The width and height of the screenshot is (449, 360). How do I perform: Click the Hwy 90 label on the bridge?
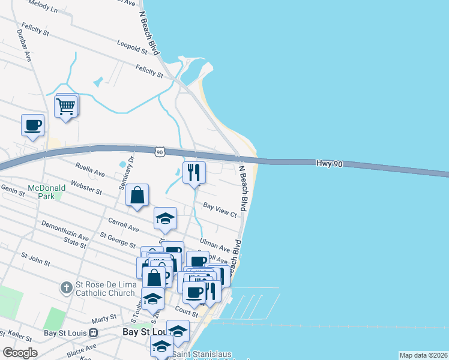coord(328,163)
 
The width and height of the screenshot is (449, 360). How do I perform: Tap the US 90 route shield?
coord(159,152)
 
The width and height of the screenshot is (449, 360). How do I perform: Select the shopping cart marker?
coord(66,106)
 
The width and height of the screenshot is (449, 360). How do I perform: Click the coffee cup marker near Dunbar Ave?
coord(33,125)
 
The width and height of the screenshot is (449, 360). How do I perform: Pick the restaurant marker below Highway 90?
coord(194,172)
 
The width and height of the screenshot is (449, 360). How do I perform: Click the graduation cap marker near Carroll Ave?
coord(165,218)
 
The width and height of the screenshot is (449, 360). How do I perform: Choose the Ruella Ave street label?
coord(90,170)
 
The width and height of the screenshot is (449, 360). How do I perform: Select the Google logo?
coord(20,353)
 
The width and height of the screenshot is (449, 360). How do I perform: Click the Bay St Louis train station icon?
coord(93,332)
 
